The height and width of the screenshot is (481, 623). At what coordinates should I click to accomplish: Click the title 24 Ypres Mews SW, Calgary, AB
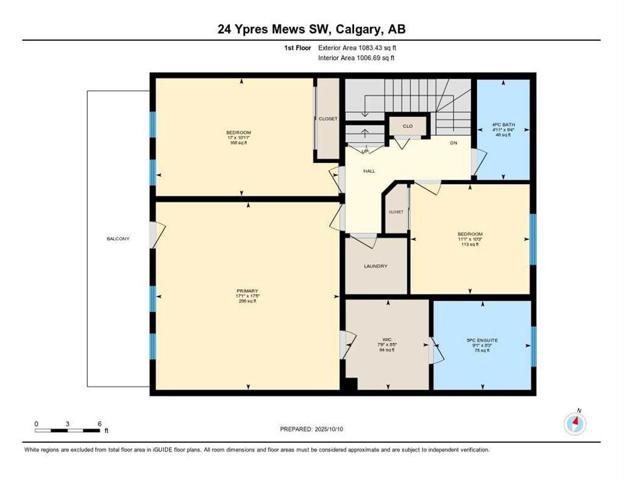click(x=311, y=29)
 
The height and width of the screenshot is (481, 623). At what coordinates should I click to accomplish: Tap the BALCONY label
click(x=118, y=239)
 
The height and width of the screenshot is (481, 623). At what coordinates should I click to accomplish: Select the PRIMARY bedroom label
click(x=248, y=291)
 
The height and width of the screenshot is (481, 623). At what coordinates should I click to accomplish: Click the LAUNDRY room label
click(x=375, y=266)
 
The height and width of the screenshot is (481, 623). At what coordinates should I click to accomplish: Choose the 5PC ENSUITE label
click(x=481, y=340)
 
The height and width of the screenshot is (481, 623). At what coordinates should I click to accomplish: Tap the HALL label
click(x=369, y=170)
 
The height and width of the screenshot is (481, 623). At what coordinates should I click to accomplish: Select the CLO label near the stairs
click(x=407, y=127)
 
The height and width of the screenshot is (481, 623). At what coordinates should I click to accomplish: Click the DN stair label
click(x=454, y=143)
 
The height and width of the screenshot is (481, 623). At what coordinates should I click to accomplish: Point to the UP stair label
click(x=365, y=151)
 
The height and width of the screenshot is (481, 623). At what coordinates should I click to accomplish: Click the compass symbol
click(x=575, y=424)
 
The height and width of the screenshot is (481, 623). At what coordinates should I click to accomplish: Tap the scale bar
click(x=68, y=430)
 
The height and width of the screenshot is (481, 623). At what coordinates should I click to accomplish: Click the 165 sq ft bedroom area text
click(x=239, y=143)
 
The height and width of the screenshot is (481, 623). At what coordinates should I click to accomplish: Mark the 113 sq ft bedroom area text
click(x=469, y=244)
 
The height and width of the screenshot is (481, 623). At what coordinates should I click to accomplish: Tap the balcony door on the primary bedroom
click(x=155, y=235)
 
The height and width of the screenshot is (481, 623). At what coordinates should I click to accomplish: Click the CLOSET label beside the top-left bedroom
click(x=328, y=119)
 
